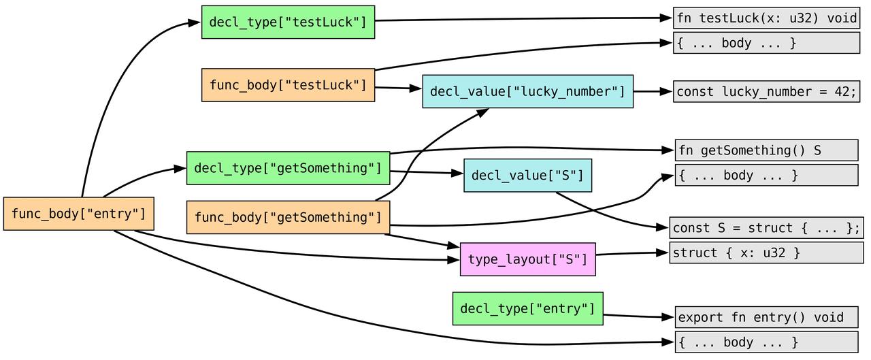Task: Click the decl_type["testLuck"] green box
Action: coord(288,22)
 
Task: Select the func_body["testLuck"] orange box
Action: coord(288,85)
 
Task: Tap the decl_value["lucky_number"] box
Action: coord(527,91)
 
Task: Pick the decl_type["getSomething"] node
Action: coord(288,168)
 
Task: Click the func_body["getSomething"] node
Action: coord(288,217)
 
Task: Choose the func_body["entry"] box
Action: coord(78,214)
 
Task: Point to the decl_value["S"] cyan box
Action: coord(527,176)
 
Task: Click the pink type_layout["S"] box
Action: coord(527,259)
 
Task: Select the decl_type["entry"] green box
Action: coord(527,309)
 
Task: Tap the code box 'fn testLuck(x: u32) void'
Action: coord(766,18)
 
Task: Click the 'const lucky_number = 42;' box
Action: coord(766,92)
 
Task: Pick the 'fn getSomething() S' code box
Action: coord(766,150)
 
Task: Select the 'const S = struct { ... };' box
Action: coord(766,228)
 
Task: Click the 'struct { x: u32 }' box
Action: coord(766,252)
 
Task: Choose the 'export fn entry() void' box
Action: coord(766,317)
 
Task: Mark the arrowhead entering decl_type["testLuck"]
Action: coord(194,22)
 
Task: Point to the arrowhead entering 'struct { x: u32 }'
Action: coord(662,252)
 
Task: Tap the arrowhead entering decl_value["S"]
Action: coord(457,174)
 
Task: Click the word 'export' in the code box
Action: coord(700,318)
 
